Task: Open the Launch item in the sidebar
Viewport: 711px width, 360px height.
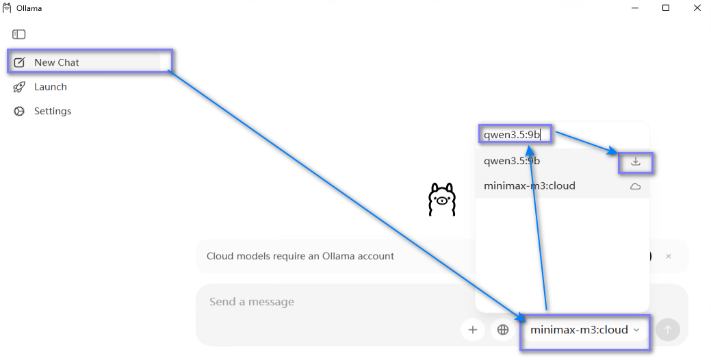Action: [51, 87]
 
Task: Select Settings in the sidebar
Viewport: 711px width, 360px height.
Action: [53, 111]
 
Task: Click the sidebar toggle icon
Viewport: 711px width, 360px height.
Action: [18, 34]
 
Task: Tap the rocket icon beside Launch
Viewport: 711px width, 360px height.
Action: [19, 87]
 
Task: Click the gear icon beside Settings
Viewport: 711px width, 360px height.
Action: [19, 111]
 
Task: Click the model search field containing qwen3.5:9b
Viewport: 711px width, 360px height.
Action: [515, 135]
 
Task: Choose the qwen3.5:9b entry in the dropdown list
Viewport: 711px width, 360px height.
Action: [512, 161]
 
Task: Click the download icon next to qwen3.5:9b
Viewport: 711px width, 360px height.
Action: [636, 162]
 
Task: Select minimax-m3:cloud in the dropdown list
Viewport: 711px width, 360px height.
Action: [529, 186]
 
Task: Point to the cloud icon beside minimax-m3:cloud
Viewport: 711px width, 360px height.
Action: [636, 186]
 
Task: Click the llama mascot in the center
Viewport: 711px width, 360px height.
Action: [441, 199]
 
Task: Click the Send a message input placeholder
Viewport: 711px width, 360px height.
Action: [252, 302]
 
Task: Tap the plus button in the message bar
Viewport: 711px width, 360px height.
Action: [472, 330]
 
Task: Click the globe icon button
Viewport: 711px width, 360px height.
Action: [503, 330]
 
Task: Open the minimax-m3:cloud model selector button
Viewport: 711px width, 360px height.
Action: [584, 330]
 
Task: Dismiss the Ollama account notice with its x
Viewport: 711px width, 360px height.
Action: [669, 256]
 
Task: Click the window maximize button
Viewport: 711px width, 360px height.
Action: [666, 8]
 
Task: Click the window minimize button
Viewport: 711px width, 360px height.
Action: [635, 8]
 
